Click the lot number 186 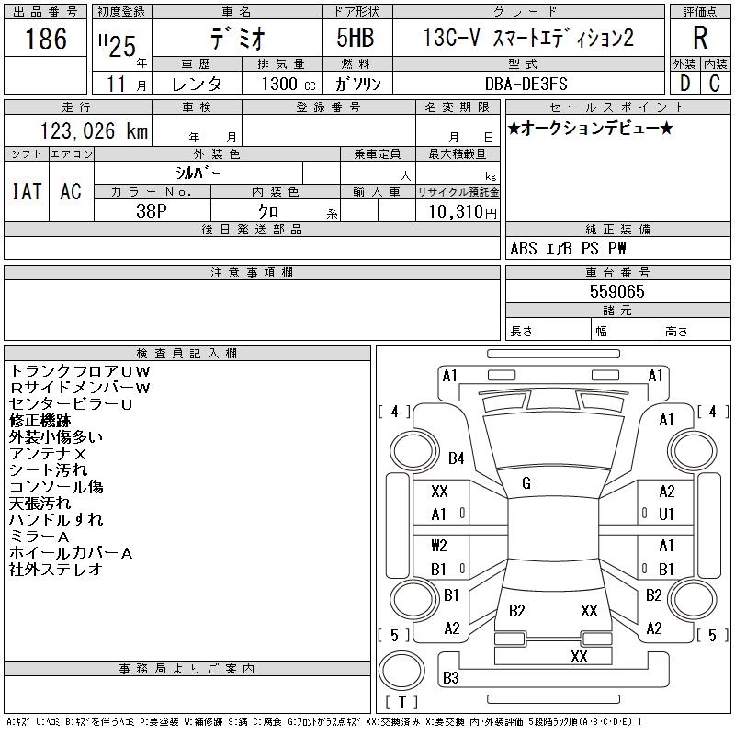click(46, 39)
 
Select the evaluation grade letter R click(700, 39)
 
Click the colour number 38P click(152, 211)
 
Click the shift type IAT click(27, 191)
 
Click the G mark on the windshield click(526, 483)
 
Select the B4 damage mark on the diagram click(456, 458)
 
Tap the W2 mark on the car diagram click(439, 545)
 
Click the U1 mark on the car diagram click(667, 514)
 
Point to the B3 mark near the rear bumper click(450, 678)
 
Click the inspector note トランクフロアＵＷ click(79, 371)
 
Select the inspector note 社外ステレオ click(55, 570)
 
